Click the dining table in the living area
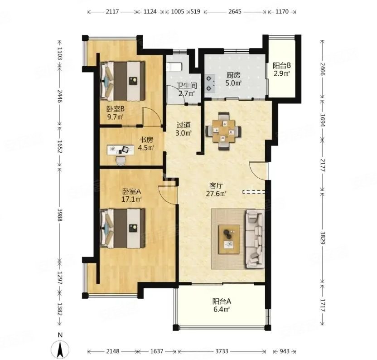point(223,131)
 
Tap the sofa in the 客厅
point(255,239)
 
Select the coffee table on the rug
point(229,239)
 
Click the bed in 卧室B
point(123,81)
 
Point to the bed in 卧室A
point(123,228)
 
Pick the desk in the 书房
point(121,150)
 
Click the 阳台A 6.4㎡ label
point(222,305)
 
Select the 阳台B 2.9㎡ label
point(282,69)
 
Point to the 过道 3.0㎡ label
point(184,129)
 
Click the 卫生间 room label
point(187,85)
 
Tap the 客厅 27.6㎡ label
point(217,190)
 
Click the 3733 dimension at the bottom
point(222,351)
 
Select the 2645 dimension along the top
point(235,11)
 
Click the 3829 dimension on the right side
point(323,238)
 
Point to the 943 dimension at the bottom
point(285,351)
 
